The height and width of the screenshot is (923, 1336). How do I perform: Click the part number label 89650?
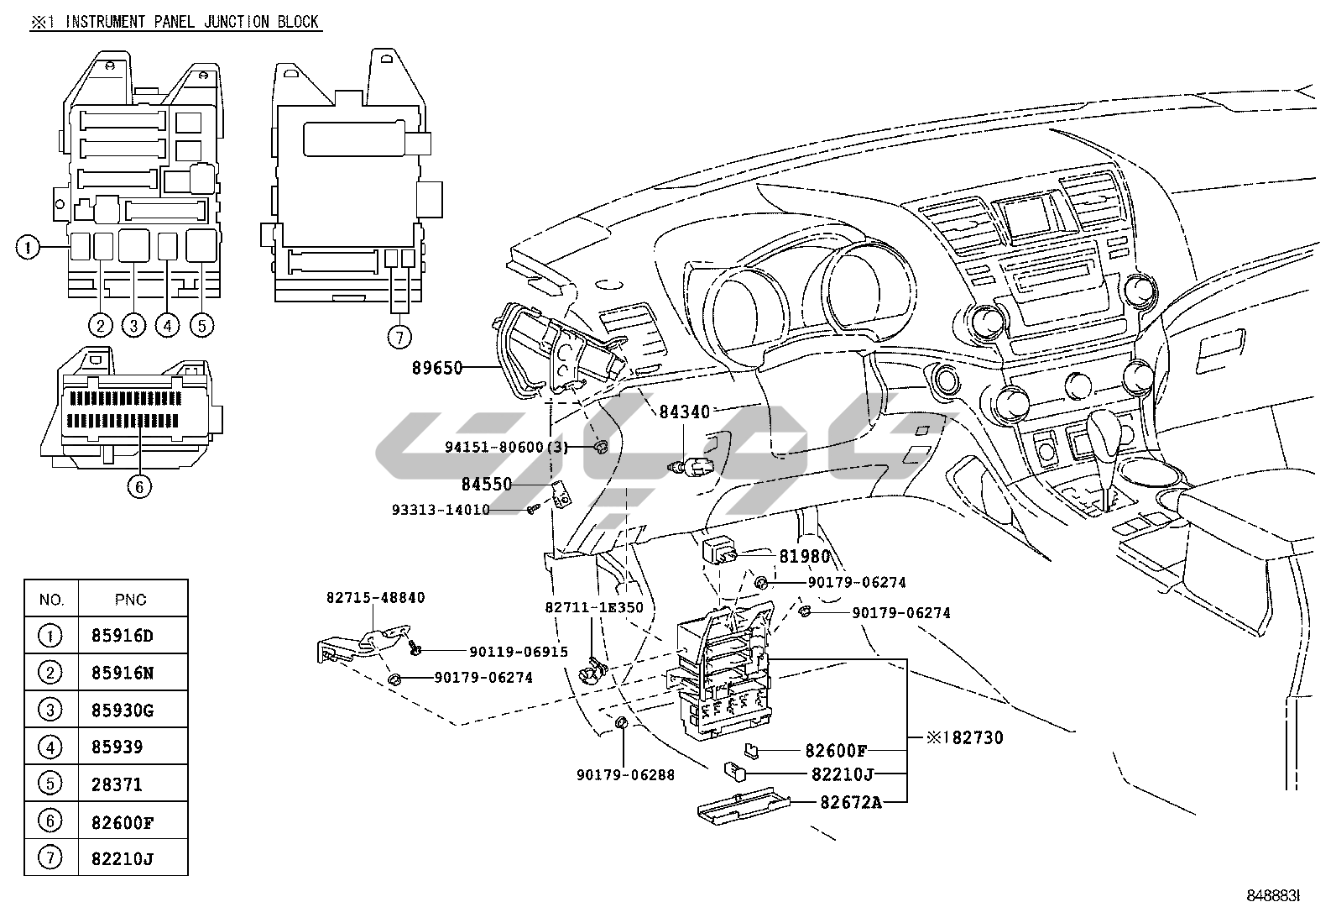click(x=436, y=367)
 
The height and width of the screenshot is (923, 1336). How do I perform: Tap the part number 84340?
click(x=684, y=412)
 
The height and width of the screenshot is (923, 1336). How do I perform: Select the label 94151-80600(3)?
click(x=507, y=447)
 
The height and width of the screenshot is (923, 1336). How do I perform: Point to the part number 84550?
click(x=486, y=485)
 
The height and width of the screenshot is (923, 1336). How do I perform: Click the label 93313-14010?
click(x=441, y=509)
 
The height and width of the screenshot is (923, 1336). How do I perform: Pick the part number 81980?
click(x=805, y=556)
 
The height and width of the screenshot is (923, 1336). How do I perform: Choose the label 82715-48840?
click(x=375, y=598)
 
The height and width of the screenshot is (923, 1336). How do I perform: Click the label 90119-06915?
click(x=519, y=651)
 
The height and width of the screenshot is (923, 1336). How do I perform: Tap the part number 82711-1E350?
click(x=593, y=607)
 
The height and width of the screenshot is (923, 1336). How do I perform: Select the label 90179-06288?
click(x=625, y=774)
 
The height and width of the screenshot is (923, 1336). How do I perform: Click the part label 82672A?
click(x=851, y=802)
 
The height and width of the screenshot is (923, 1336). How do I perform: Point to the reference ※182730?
click(x=964, y=738)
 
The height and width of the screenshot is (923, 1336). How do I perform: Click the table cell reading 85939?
click(x=117, y=747)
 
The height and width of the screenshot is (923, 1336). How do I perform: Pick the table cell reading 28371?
click(x=117, y=784)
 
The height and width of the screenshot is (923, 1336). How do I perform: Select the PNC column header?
click(x=130, y=599)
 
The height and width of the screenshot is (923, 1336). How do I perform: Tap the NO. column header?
click(x=51, y=599)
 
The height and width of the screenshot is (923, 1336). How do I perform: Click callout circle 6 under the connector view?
click(x=140, y=485)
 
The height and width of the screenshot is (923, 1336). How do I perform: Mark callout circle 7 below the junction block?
click(x=399, y=337)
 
